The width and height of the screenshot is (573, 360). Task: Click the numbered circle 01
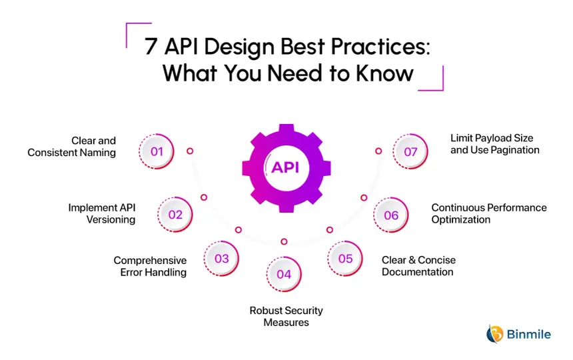point(157,151)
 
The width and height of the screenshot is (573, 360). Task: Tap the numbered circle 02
point(175,215)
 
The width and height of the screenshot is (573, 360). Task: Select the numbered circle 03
point(222,259)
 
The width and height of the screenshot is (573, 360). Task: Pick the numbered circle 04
point(284,274)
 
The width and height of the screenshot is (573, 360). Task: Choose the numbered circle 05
point(345,259)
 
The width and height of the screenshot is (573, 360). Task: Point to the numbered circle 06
point(391,215)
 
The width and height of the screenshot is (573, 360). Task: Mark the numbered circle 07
point(410,151)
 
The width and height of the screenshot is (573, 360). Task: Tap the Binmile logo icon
point(495,333)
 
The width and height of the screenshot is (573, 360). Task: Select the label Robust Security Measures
point(286,317)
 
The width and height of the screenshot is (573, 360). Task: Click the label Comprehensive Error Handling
point(150,266)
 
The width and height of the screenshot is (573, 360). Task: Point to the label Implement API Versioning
point(102,213)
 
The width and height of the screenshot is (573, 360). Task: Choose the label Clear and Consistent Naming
point(72,147)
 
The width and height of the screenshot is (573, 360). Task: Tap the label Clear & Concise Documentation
point(418,266)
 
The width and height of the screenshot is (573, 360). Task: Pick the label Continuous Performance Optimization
point(488,213)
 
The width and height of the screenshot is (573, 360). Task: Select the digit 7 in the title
point(151,47)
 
